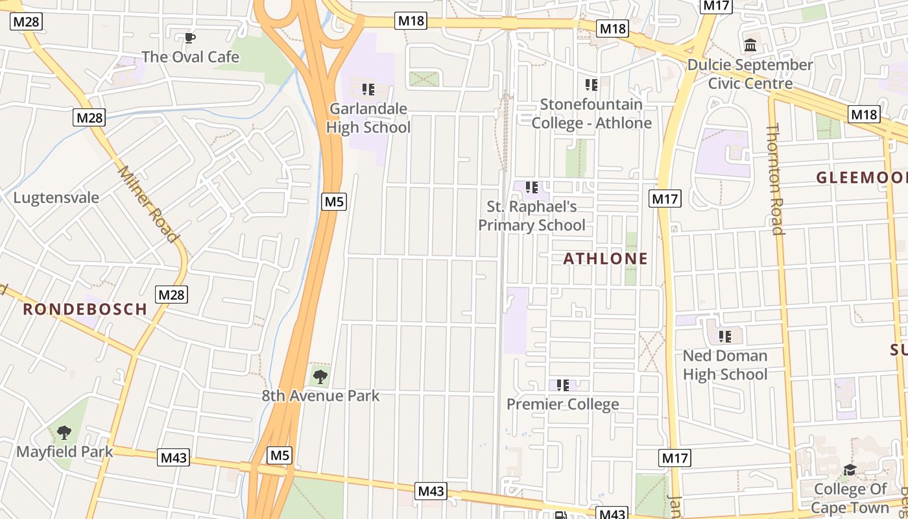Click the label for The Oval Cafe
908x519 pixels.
click(190, 57)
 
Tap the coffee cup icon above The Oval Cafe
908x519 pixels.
click(190, 38)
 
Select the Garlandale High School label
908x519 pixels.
click(368, 118)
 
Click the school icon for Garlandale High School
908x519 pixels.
click(368, 89)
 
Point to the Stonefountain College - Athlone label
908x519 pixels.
click(591, 114)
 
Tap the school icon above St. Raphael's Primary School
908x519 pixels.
click(532, 188)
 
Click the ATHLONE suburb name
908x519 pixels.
click(605, 259)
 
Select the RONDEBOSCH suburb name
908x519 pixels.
click(85, 309)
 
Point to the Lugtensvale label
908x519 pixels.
click(56, 198)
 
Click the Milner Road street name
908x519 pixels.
click(148, 204)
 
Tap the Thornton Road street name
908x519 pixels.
click(775, 179)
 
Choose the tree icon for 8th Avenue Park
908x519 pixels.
click(320, 376)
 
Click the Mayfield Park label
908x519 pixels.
click(64, 452)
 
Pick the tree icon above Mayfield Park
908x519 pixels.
click(64, 432)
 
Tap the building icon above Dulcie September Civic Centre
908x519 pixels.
click(751, 45)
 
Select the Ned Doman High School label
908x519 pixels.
click(724, 365)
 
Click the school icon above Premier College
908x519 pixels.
click(563, 385)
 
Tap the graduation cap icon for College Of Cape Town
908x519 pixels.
click(850, 470)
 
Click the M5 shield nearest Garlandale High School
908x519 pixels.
click(334, 201)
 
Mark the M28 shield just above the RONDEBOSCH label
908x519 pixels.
click(172, 295)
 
